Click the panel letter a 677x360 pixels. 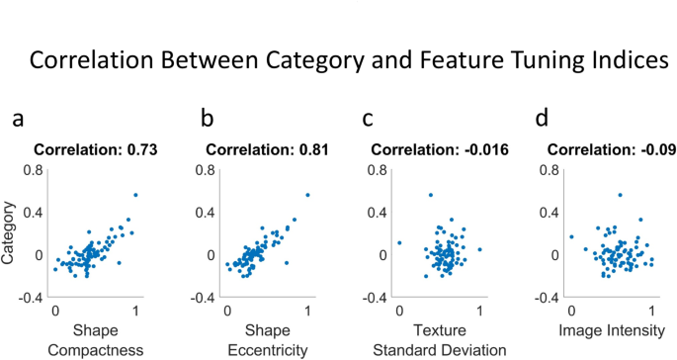click(18, 120)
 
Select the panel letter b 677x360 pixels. click(207, 120)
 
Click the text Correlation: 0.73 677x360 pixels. click(97, 150)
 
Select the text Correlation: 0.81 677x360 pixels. click(268, 150)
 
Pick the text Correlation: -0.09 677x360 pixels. click(608, 150)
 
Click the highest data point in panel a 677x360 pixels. click(135, 195)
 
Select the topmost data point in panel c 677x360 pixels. click(430, 195)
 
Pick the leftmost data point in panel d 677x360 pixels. click(571, 236)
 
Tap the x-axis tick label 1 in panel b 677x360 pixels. click(308, 308)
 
